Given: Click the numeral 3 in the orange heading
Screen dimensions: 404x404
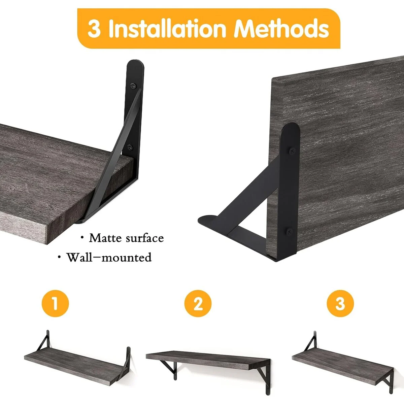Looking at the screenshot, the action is pyautogui.click(x=94, y=29).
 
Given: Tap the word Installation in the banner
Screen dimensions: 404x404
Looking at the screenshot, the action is pyautogui.click(x=167, y=29).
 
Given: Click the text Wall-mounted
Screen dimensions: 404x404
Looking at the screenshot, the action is pyautogui.click(x=109, y=257).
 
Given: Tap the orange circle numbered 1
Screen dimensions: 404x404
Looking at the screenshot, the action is pyautogui.click(x=55, y=303).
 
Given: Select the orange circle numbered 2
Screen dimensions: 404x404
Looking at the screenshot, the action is pyautogui.click(x=198, y=303).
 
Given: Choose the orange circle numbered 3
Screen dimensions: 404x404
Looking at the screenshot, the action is pyautogui.click(x=340, y=303).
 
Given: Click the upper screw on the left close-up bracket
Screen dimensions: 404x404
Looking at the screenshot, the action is pyautogui.click(x=133, y=86).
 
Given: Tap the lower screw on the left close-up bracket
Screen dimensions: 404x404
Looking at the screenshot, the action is pyautogui.click(x=130, y=147).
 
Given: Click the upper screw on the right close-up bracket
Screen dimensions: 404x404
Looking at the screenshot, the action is pyautogui.click(x=292, y=150).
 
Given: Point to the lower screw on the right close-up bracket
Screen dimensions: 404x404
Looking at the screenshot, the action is pyautogui.click(x=289, y=231).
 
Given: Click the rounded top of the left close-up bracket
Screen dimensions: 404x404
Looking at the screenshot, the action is pyautogui.click(x=135, y=64).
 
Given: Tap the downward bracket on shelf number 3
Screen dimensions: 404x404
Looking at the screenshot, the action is pyautogui.click(x=387, y=377).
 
